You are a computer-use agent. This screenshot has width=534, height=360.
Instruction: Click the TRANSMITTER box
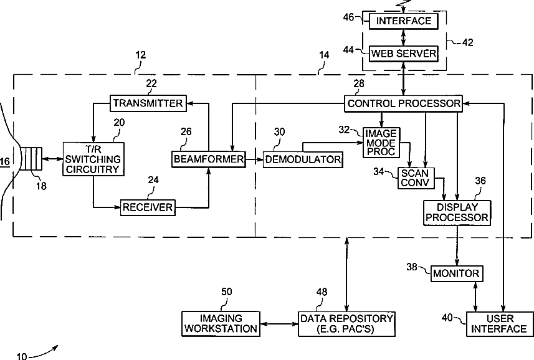(x=148, y=103)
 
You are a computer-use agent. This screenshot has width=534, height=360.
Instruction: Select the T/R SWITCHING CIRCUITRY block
(x=93, y=159)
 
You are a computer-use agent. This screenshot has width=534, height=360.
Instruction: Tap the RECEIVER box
(x=148, y=207)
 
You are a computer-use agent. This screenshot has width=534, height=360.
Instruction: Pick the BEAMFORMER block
(x=209, y=159)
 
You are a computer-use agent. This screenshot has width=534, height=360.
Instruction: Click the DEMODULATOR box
(x=303, y=159)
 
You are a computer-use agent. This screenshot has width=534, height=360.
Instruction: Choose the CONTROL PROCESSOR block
(x=404, y=103)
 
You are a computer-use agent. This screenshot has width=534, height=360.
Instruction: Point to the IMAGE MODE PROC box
(x=381, y=143)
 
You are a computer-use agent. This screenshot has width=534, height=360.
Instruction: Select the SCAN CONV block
(x=416, y=178)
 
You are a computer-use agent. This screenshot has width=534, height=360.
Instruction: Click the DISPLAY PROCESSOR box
(x=457, y=212)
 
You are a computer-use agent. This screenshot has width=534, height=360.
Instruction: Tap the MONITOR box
(x=457, y=273)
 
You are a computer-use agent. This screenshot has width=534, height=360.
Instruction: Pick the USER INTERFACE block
(x=499, y=324)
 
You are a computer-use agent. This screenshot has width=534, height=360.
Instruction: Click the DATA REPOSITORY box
(x=346, y=324)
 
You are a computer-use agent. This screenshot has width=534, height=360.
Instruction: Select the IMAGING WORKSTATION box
(x=221, y=324)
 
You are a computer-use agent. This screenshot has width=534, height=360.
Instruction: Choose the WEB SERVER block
(x=404, y=54)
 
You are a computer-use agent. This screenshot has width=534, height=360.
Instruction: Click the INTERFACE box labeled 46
(x=404, y=21)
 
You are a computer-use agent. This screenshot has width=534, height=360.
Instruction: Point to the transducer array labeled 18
(x=31, y=159)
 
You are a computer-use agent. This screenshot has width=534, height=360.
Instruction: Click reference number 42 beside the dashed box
(x=467, y=42)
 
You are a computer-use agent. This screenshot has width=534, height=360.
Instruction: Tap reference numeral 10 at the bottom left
(x=21, y=356)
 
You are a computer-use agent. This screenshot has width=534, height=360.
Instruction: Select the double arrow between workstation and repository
(x=279, y=324)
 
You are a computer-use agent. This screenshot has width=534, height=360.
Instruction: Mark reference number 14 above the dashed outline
(x=324, y=55)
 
